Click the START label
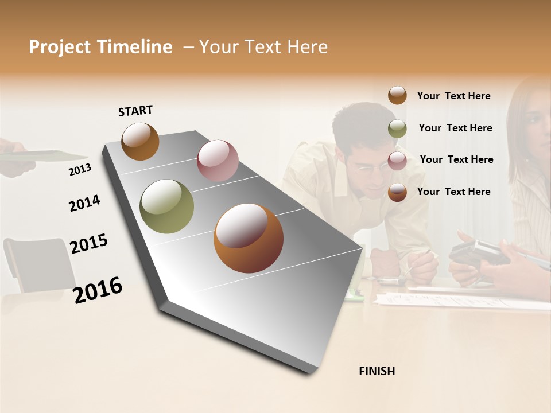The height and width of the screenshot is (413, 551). tap(135, 111)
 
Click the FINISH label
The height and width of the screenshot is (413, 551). tap(377, 371)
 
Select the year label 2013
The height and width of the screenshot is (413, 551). tap(80, 170)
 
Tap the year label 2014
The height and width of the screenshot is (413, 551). tap(84, 203)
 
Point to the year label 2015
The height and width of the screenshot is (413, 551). tap(88, 244)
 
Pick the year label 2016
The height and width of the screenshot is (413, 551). tap(98, 290)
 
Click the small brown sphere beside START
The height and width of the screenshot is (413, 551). tap(140, 141)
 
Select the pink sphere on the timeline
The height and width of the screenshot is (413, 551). tap(218, 160)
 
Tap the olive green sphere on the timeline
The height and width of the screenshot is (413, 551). tap(167, 206)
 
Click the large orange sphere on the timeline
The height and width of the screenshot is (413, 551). tap(248, 238)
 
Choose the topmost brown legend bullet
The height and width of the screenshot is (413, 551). tap(397, 95)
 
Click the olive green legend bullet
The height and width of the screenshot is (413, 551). tap(397, 128)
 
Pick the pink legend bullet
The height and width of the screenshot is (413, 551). tap(397, 160)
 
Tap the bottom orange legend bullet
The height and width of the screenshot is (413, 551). tap(397, 192)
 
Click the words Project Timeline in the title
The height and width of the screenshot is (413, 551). tap(100, 47)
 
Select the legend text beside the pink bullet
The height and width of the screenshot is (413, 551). tap(456, 159)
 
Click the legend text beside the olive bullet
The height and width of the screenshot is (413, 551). tap(455, 128)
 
